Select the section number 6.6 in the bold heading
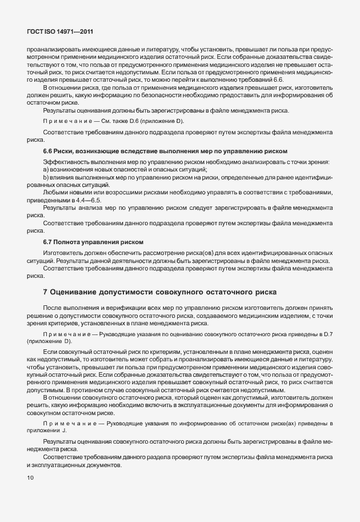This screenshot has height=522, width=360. coord(48,150)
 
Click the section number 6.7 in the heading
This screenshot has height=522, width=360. coord(48,242)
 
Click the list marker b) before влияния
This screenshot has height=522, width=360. coord(46,178)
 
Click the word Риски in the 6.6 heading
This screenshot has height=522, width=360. coord(66,150)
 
